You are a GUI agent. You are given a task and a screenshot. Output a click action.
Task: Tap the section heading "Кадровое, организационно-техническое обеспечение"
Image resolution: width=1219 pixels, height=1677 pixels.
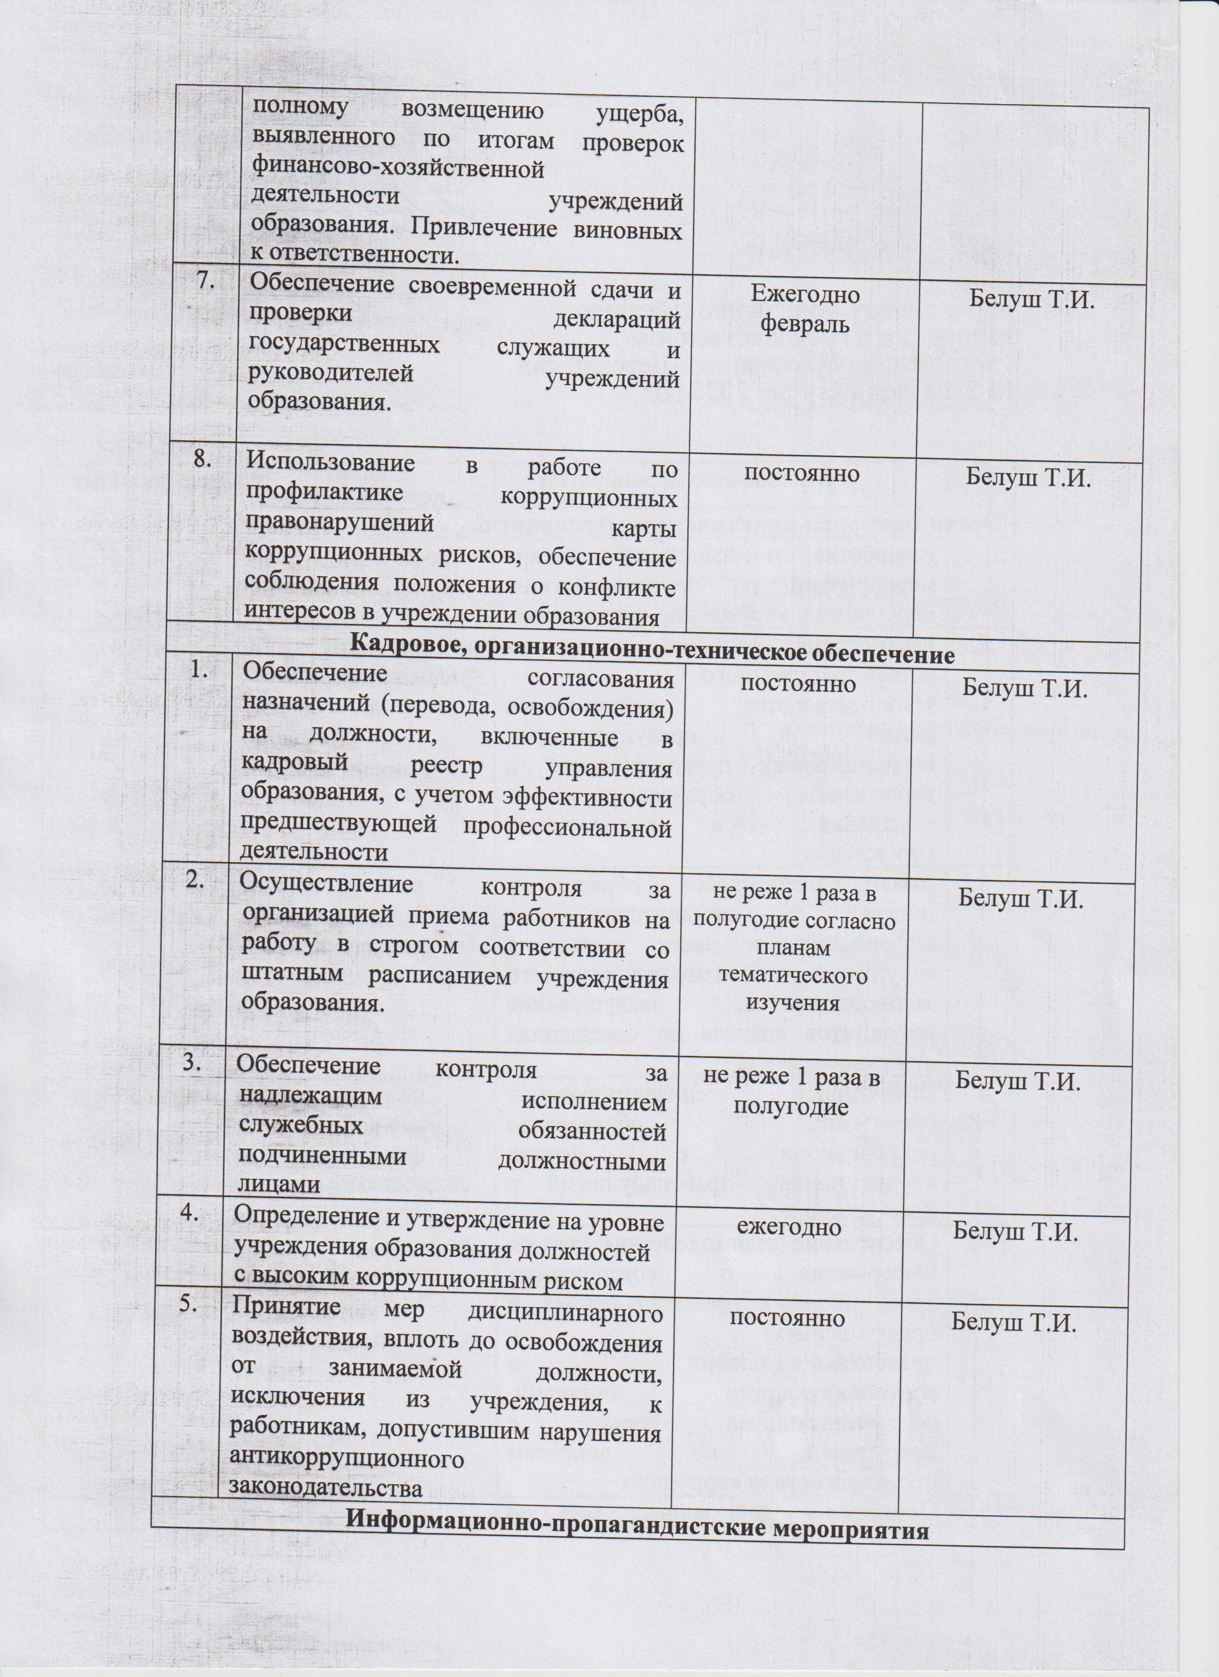[652, 654]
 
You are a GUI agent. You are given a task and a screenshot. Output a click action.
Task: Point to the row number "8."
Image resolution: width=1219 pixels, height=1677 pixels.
[204, 459]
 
